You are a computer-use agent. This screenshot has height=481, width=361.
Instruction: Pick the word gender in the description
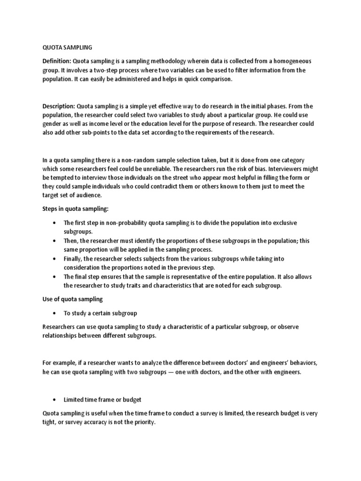click(x=47, y=124)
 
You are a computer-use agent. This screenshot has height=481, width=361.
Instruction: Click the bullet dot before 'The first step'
click(x=55, y=223)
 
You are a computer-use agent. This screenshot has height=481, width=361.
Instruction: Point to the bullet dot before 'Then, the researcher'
click(x=55, y=241)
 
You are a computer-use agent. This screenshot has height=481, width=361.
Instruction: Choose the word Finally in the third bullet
click(x=73, y=259)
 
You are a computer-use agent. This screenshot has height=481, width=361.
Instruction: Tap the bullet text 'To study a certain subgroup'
click(x=100, y=313)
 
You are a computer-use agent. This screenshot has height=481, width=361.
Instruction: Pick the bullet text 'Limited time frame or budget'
click(x=102, y=399)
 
